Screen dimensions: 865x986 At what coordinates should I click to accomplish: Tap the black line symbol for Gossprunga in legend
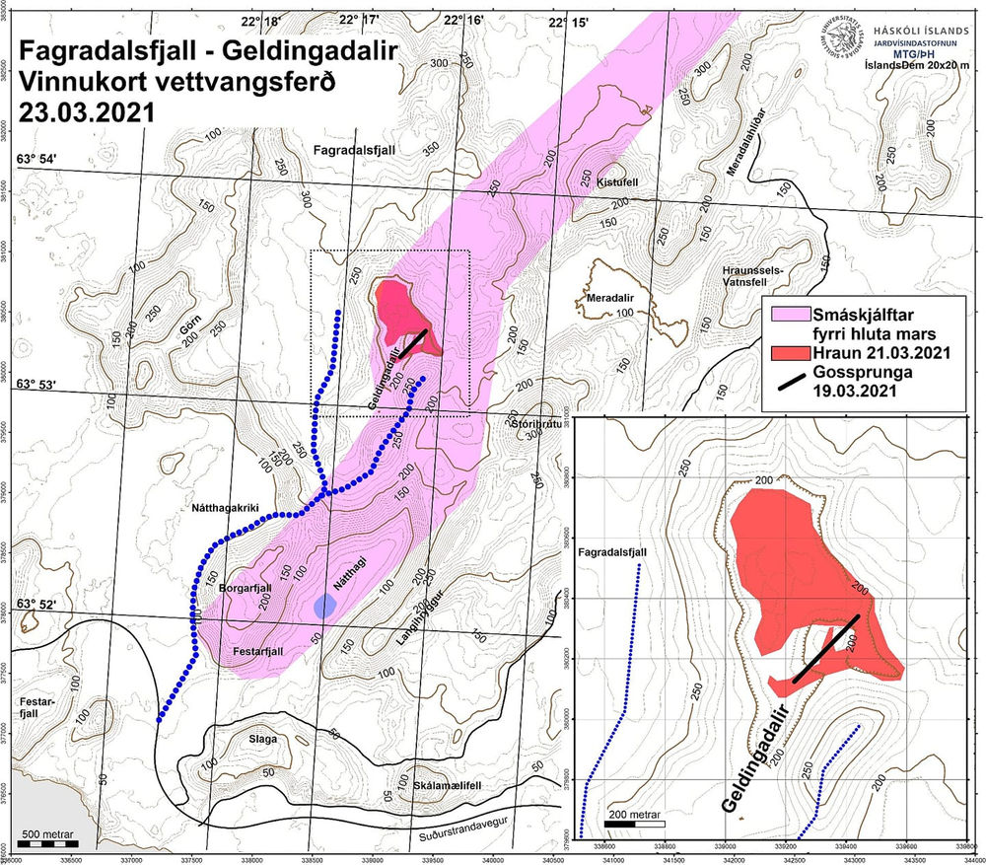[788, 386]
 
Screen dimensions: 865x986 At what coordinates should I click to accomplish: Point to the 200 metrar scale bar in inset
[634, 822]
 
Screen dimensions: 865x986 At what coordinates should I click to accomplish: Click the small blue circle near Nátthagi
[322, 607]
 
